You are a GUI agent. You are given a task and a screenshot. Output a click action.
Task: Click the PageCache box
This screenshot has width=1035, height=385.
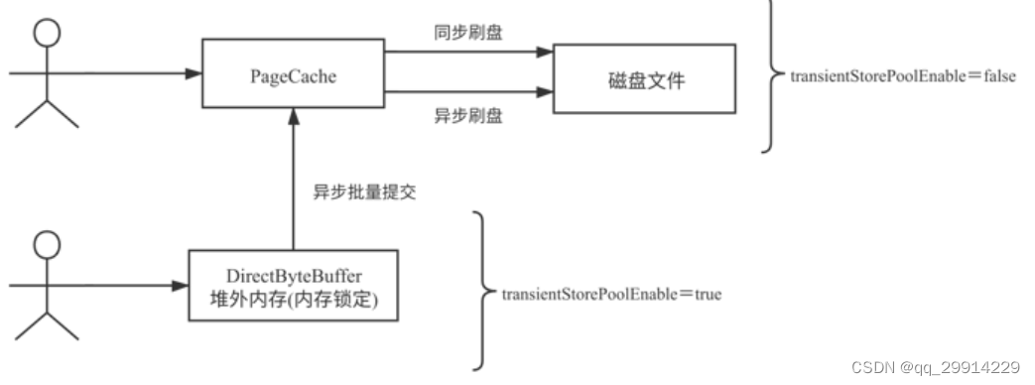[x=292, y=73]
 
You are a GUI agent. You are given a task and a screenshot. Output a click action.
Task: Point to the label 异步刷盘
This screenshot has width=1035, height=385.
[x=462, y=117]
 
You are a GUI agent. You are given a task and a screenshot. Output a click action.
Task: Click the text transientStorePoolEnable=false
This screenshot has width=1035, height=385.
[x=902, y=75]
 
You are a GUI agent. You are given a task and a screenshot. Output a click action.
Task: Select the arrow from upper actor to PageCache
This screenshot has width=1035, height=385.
[x=109, y=73]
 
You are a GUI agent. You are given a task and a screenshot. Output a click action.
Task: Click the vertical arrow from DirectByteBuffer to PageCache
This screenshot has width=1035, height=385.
[x=293, y=179]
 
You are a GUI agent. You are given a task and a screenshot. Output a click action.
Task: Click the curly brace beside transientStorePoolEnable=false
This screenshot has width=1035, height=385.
[x=771, y=75]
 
